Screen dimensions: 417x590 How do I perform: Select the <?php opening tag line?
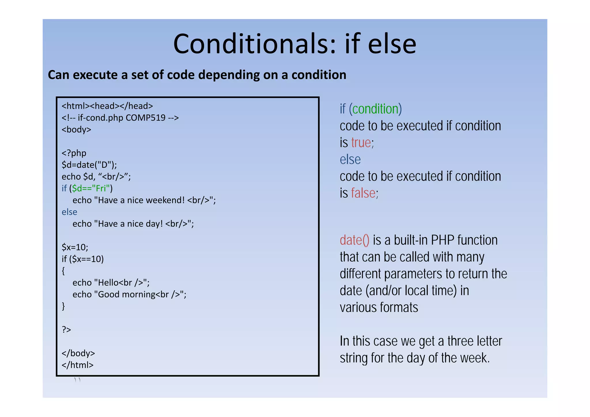pos(74,153)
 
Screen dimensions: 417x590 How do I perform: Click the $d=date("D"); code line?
pos(89,165)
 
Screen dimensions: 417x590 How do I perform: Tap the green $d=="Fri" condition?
pos(91,188)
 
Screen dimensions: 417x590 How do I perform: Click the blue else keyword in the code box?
pos(69,212)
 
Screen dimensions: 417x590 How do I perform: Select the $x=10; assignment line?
pos(75,247)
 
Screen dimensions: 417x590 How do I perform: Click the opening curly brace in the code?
pos(63,271)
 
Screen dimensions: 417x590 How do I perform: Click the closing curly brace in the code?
pos(63,306)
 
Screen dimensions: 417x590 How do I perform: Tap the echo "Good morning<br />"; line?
pos(129,295)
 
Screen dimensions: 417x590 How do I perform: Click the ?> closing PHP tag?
pos(66,329)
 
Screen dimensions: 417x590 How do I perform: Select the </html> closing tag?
pos(77,365)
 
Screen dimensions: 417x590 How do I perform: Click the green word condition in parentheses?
pos(375,109)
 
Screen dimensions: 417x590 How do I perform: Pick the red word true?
pos(361,143)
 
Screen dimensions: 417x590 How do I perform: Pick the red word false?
pos(363,193)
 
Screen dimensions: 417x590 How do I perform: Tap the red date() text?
pos(354,240)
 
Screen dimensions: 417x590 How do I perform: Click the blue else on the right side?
pos(350,159)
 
